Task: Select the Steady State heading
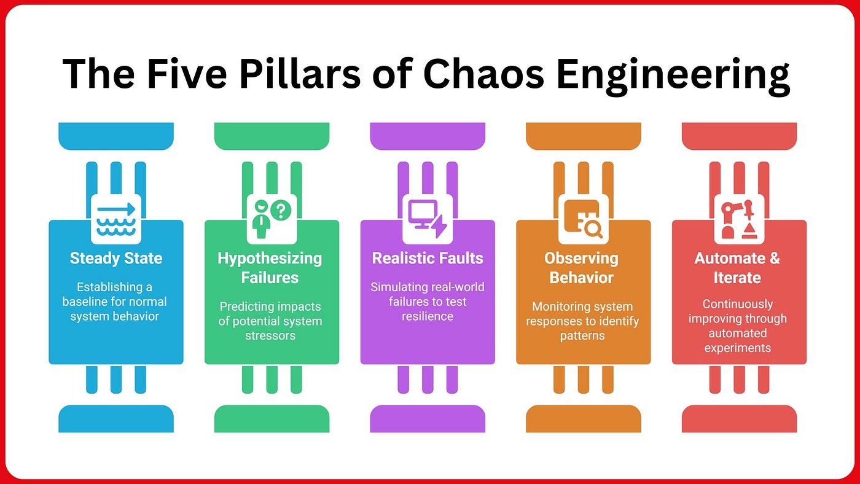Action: click(x=116, y=258)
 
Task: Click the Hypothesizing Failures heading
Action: click(x=270, y=268)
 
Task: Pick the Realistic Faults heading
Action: click(x=428, y=258)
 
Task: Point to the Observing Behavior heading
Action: click(x=581, y=268)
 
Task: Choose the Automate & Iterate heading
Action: click(x=737, y=268)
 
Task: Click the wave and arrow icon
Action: click(x=116, y=219)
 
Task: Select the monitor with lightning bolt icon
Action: click(x=428, y=219)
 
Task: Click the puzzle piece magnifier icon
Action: click(x=584, y=219)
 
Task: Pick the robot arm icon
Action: click(x=739, y=219)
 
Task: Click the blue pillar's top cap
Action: click(x=116, y=136)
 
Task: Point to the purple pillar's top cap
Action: click(x=428, y=136)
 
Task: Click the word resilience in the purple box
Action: click(x=428, y=317)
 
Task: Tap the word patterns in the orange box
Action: click(x=582, y=337)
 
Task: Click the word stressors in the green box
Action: click(x=270, y=337)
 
